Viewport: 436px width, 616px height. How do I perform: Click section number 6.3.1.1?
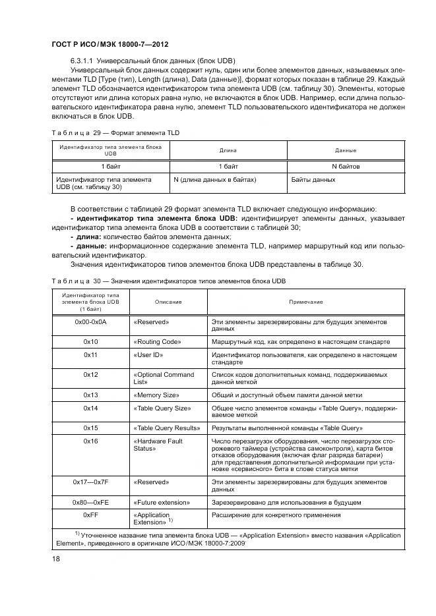point(84,59)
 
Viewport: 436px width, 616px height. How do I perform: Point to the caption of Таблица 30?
point(168,281)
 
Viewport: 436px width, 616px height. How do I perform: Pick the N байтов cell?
point(345,167)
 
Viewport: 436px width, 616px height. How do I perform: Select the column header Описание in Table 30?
point(168,301)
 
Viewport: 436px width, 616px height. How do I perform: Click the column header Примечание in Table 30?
point(305,301)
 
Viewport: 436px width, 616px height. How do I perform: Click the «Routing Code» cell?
point(157,342)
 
